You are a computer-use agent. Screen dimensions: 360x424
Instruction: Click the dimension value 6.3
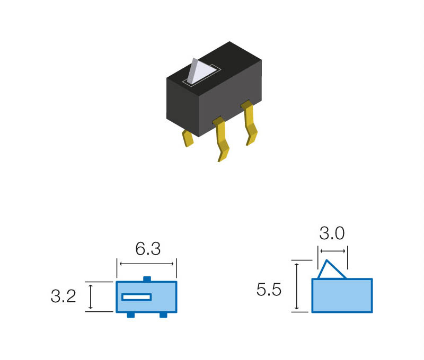[x=147, y=248]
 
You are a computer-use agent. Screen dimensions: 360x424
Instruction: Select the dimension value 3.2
[x=64, y=296]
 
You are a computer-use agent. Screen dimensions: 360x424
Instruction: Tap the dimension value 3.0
[x=332, y=233]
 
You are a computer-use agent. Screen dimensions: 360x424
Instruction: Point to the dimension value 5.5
[x=269, y=290]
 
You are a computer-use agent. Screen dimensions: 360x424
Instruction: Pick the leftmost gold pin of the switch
[x=188, y=138]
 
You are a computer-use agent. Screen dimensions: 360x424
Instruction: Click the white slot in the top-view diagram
[x=137, y=297]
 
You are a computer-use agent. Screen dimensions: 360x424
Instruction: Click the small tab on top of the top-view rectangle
[x=147, y=278]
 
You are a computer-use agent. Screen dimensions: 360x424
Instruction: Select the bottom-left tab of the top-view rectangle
[x=130, y=315]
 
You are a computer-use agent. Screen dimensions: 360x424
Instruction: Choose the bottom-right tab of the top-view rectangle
[x=163, y=315]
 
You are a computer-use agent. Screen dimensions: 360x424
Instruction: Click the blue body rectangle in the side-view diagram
[x=342, y=295]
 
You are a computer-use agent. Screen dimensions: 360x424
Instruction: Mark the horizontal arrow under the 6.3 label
[x=147, y=264]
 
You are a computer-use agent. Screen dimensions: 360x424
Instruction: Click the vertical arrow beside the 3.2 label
[x=91, y=296]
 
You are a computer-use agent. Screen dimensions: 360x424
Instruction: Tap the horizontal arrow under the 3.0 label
[x=332, y=251]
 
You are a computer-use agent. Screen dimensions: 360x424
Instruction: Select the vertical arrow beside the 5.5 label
[x=297, y=286]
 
